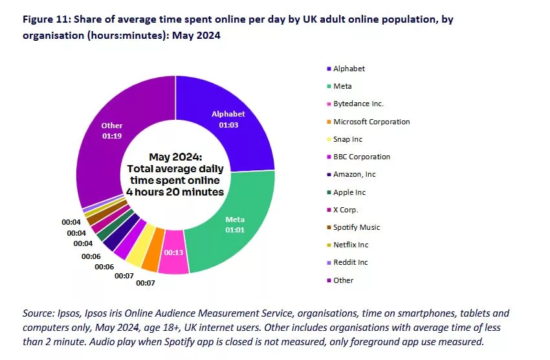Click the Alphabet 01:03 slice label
(228, 119)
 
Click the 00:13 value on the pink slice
(173, 253)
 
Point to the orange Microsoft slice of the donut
(150, 258)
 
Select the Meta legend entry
(342, 86)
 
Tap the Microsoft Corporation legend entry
(371, 122)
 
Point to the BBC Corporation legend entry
(361, 157)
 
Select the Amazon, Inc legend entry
(354, 174)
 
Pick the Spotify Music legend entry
(356, 227)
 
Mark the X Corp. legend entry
(345, 210)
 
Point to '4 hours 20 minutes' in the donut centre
(175, 192)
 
